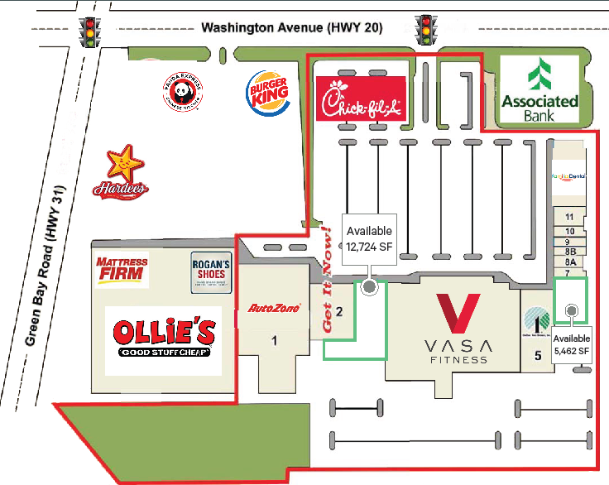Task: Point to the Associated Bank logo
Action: (539, 89)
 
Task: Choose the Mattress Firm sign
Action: (122, 270)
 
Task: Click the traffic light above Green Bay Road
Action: (88, 31)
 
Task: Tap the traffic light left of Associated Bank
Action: (427, 31)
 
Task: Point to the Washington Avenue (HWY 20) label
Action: (292, 27)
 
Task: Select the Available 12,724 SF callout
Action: (369, 238)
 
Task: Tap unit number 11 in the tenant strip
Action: (569, 217)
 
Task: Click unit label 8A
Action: (569, 261)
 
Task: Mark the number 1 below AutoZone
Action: (275, 339)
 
